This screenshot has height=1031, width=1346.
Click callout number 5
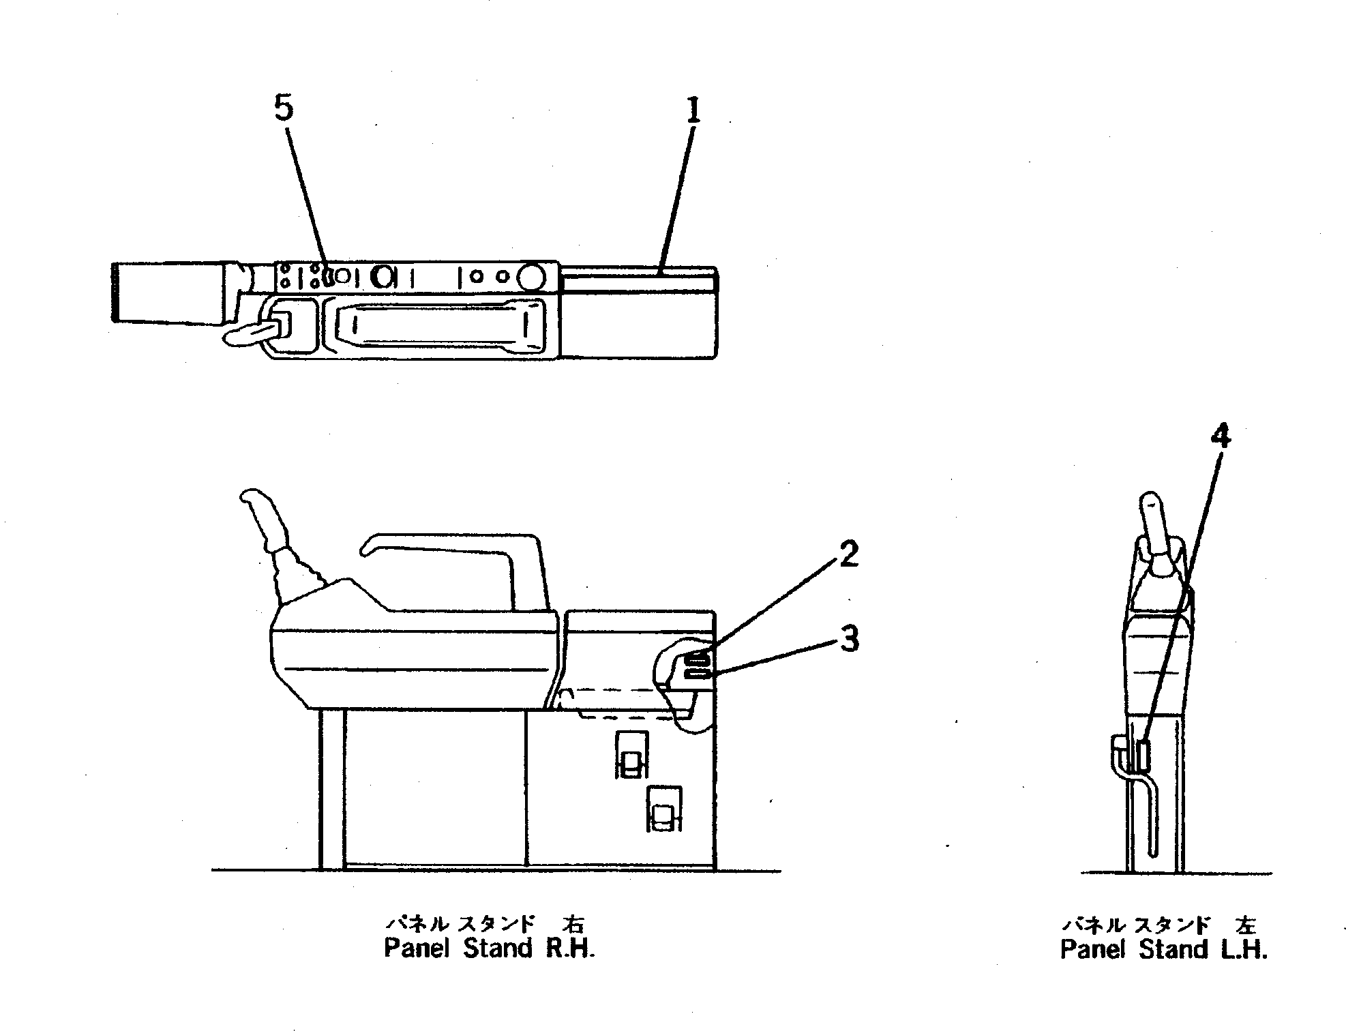[284, 110]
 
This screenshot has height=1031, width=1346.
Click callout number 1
[693, 111]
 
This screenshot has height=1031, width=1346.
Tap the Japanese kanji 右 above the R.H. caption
[571, 925]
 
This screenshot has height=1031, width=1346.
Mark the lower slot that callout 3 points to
[697, 674]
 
